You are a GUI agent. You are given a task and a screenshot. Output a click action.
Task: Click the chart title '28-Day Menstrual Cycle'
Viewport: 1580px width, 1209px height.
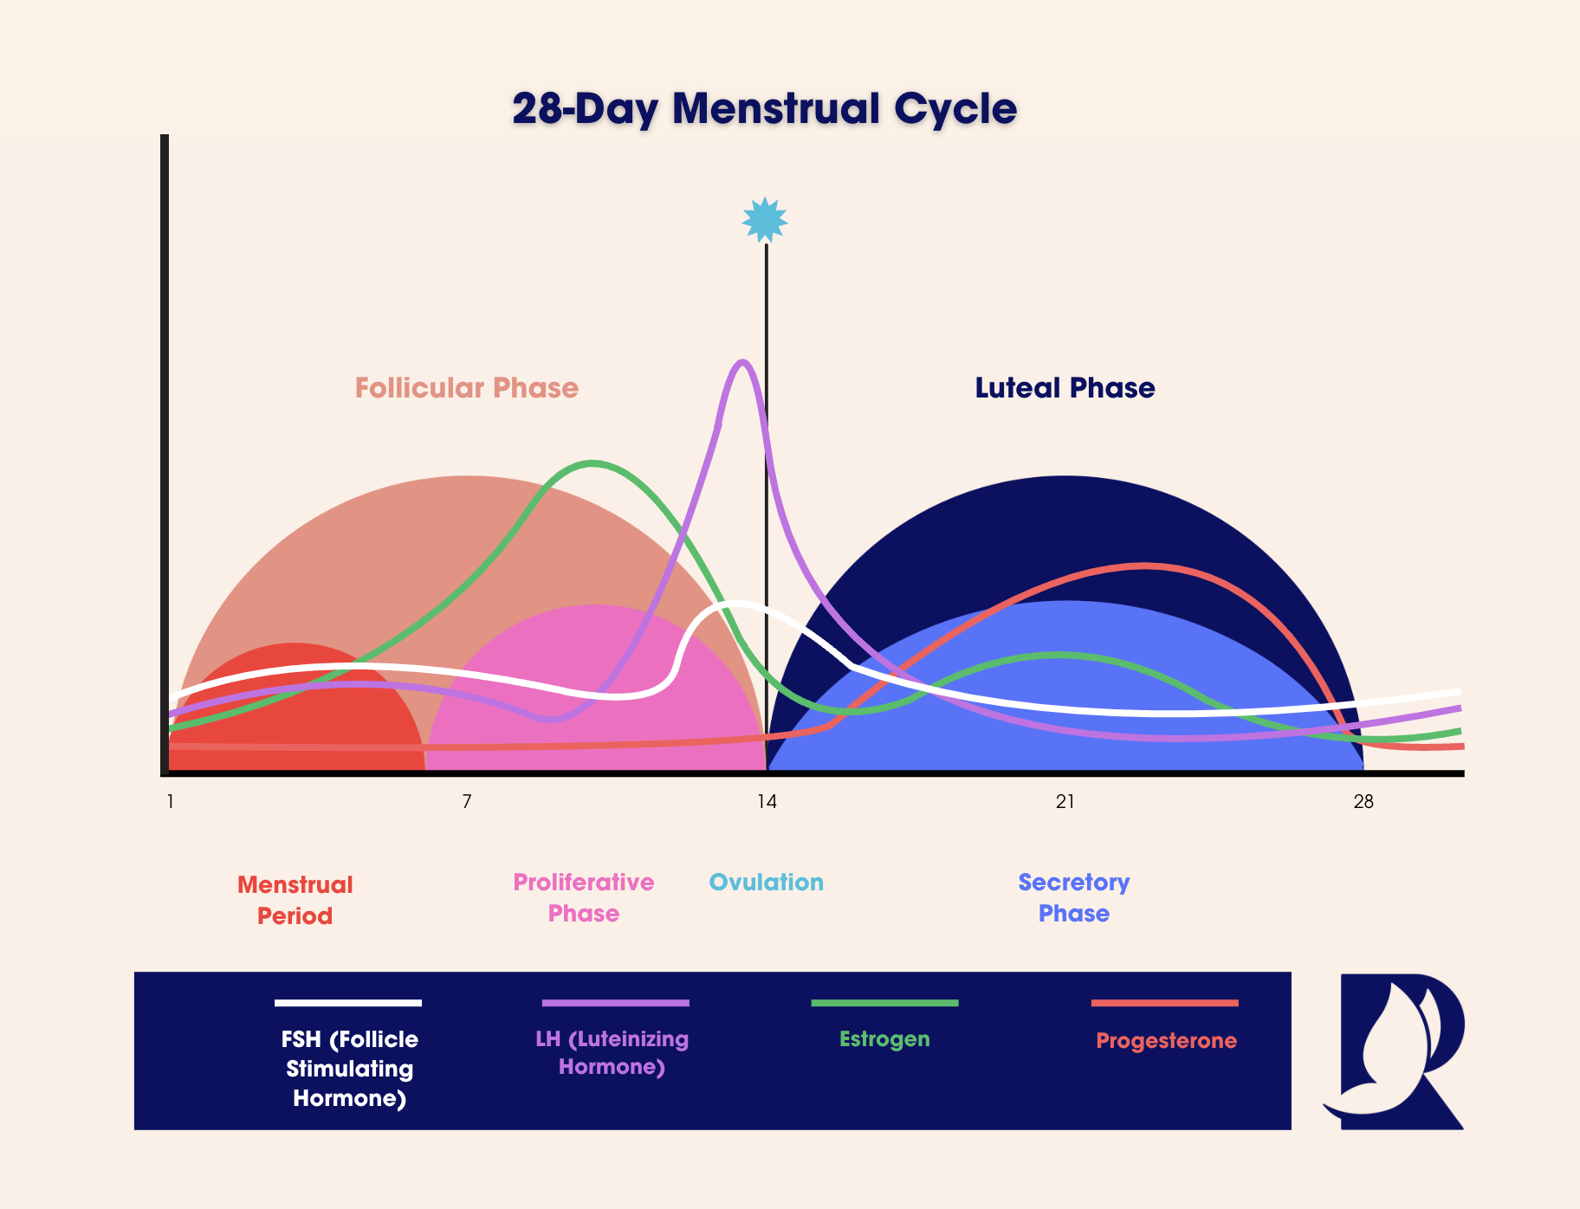pyautogui.click(x=764, y=109)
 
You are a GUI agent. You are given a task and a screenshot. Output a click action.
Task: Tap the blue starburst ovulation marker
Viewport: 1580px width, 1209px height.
pyautogui.click(x=765, y=220)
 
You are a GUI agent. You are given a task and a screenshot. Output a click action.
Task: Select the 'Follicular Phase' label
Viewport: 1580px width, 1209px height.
pyautogui.click(x=466, y=388)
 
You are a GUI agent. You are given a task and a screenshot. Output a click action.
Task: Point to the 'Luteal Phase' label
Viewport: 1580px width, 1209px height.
pyautogui.click(x=1065, y=388)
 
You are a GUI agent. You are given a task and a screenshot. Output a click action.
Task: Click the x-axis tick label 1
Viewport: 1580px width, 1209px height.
pyautogui.click(x=171, y=802)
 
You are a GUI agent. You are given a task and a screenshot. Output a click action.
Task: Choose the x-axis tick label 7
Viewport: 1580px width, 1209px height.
pyautogui.click(x=467, y=802)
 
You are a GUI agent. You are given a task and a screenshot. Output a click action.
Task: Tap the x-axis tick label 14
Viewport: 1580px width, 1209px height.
pyautogui.click(x=767, y=802)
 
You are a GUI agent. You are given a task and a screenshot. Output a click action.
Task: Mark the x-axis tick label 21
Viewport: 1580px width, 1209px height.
pyautogui.click(x=1065, y=802)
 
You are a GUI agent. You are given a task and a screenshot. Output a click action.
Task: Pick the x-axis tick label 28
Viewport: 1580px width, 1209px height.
pyautogui.click(x=1363, y=802)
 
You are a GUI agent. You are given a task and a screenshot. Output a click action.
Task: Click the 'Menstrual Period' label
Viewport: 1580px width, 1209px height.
pyautogui.click(x=295, y=900)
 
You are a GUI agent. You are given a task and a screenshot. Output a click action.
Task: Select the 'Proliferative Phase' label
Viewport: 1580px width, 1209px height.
pyautogui.click(x=584, y=897)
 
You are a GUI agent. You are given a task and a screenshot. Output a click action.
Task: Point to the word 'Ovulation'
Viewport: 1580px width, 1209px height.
pyautogui.click(x=766, y=883)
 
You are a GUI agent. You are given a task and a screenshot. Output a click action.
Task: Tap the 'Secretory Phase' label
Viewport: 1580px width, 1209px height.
pyautogui.click(x=1074, y=897)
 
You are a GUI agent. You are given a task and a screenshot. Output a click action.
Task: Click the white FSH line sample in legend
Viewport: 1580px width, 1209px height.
pyautogui.click(x=348, y=1003)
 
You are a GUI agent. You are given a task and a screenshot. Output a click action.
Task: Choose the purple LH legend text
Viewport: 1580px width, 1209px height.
pyautogui.click(x=612, y=1052)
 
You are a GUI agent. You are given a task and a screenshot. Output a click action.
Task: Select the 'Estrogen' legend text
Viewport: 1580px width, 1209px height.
pyautogui.click(x=884, y=1039)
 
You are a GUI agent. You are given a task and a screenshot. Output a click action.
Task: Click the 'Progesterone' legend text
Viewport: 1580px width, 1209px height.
pyautogui.click(x=1166, y=1041)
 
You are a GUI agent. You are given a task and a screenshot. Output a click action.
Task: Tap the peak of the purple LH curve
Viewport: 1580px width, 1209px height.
pyautogui.click(x=741, y=362)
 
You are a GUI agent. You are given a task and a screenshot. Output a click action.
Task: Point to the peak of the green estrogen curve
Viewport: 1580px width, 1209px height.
pyautogui.click(x=592, y=463)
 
